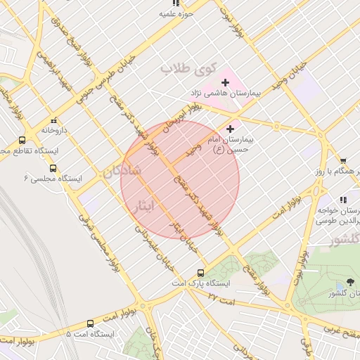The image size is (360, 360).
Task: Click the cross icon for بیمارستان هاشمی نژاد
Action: (x=225, y=83)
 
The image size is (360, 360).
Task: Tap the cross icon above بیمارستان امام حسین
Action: (x=230, y=129)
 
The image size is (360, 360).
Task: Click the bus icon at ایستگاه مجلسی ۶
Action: (x=53, y=168)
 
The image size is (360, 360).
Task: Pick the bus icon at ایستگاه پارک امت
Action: (x=200, y=272)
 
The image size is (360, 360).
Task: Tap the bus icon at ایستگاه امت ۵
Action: (x=90, y=323)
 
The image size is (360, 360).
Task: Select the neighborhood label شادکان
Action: (x=122, y=171)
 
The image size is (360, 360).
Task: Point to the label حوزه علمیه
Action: (x=176, y=13)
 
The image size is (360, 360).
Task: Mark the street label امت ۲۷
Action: (x=223, y=299)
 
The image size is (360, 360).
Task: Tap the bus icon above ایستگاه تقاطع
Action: (x=22, y=140)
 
